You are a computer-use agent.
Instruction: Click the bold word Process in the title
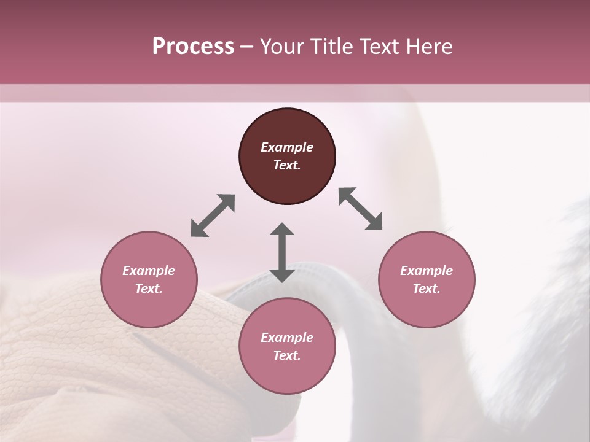[x=193, y=47]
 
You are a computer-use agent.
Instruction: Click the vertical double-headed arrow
[x=282, y=252]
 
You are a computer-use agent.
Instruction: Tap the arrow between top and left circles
[x=213, y=215]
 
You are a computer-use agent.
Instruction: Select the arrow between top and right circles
[x=361, y=209]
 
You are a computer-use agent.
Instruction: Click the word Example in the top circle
[x=287, y=147]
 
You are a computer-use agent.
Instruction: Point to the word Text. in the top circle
[x=287, y=165]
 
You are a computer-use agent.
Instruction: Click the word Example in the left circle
[x=149, y=271]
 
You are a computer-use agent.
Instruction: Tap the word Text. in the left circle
[x=149, y=289]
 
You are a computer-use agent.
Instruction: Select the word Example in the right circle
[x=427, y=271]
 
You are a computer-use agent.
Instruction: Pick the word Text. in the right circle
[x=427, y=289]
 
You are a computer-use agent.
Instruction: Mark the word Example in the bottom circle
[x=287, y=338]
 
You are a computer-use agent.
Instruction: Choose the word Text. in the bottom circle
[x=287, y=355]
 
